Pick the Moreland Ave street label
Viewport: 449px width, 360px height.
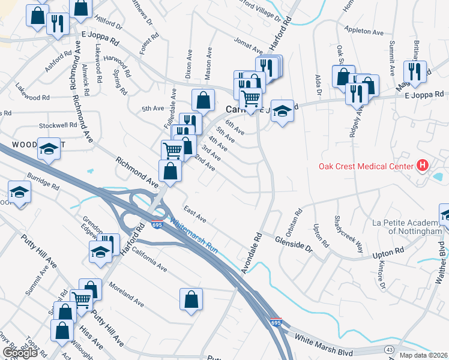click(127, 293)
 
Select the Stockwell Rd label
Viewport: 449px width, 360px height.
click(58, 126)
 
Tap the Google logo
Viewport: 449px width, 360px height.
click(20, 353)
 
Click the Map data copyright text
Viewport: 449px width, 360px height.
click(423, 355)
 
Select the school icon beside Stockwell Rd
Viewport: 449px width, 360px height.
click(49, 148)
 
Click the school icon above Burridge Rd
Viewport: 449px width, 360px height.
click(19, 193)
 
